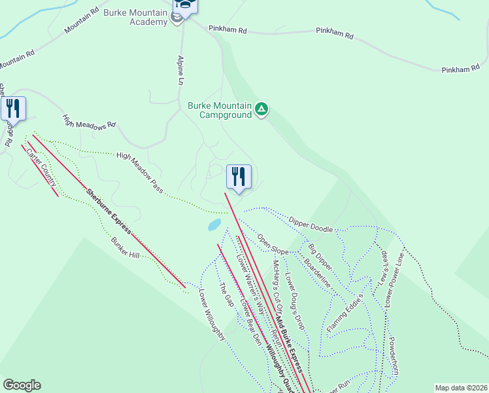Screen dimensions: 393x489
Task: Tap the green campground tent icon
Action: [261, 109]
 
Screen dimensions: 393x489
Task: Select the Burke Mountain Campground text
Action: [220, 110]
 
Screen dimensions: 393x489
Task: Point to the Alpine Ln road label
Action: [181, 70]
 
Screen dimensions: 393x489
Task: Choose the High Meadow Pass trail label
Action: [140, 172]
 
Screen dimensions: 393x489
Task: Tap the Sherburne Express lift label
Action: [109, 211]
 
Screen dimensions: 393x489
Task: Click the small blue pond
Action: [214, 225]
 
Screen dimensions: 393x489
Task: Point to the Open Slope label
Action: [273, 244]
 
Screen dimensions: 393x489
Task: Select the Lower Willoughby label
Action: [212, 315]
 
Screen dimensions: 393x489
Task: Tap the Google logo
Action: [22, 385]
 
